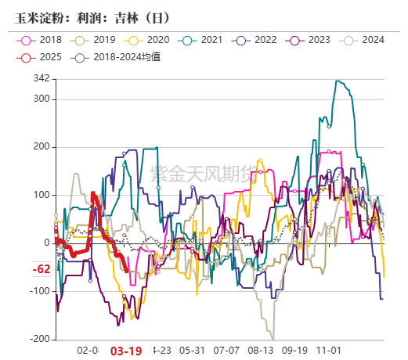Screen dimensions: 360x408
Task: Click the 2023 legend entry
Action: click(x=312, y=40)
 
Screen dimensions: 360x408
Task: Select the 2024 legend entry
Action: click(x=366, y=40)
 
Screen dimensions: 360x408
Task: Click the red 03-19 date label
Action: click(x=125, y=351)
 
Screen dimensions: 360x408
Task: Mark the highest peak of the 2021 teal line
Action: click(x=337, y=81)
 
